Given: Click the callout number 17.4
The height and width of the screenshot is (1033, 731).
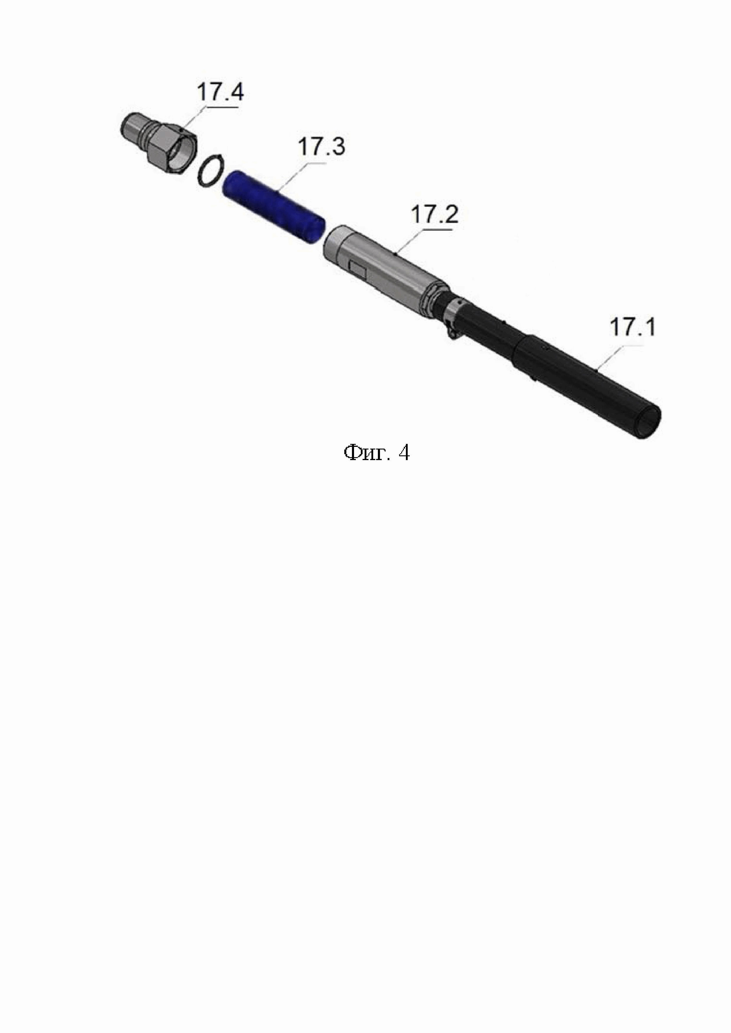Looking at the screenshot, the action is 220,92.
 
